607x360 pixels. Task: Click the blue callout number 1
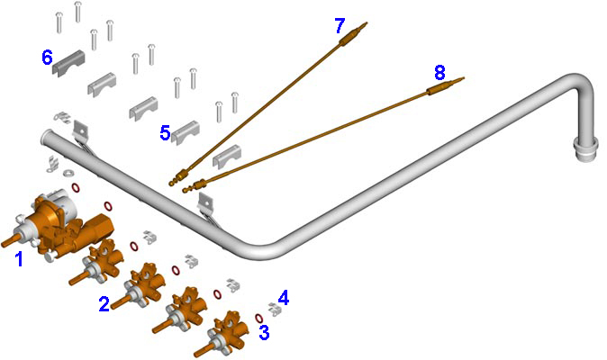[x=19, y=258]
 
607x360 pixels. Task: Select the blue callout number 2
[x=104, y=304]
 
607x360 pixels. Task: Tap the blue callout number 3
[x=264, y=332]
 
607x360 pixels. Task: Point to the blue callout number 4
[x=284, y=298]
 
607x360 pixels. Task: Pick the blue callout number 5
[x=166, y=133]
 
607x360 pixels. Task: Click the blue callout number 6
[x=47, y=58]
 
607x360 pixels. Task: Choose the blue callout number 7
[x=340, y=26]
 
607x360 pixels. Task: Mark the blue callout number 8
[x=439, y=73]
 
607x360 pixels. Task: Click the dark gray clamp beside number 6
[x=69, y=63]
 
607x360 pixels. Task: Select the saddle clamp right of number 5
[x=186, y=132]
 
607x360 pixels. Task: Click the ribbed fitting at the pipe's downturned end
[x=585, y=149]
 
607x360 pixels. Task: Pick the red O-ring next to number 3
[x=258, y=319]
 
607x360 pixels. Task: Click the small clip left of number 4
[x=275, y=309]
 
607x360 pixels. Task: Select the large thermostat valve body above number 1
[x=62, y=224]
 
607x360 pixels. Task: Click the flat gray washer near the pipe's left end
[x=68, y=172]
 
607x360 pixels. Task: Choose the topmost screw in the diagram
[x=77, y=12]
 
